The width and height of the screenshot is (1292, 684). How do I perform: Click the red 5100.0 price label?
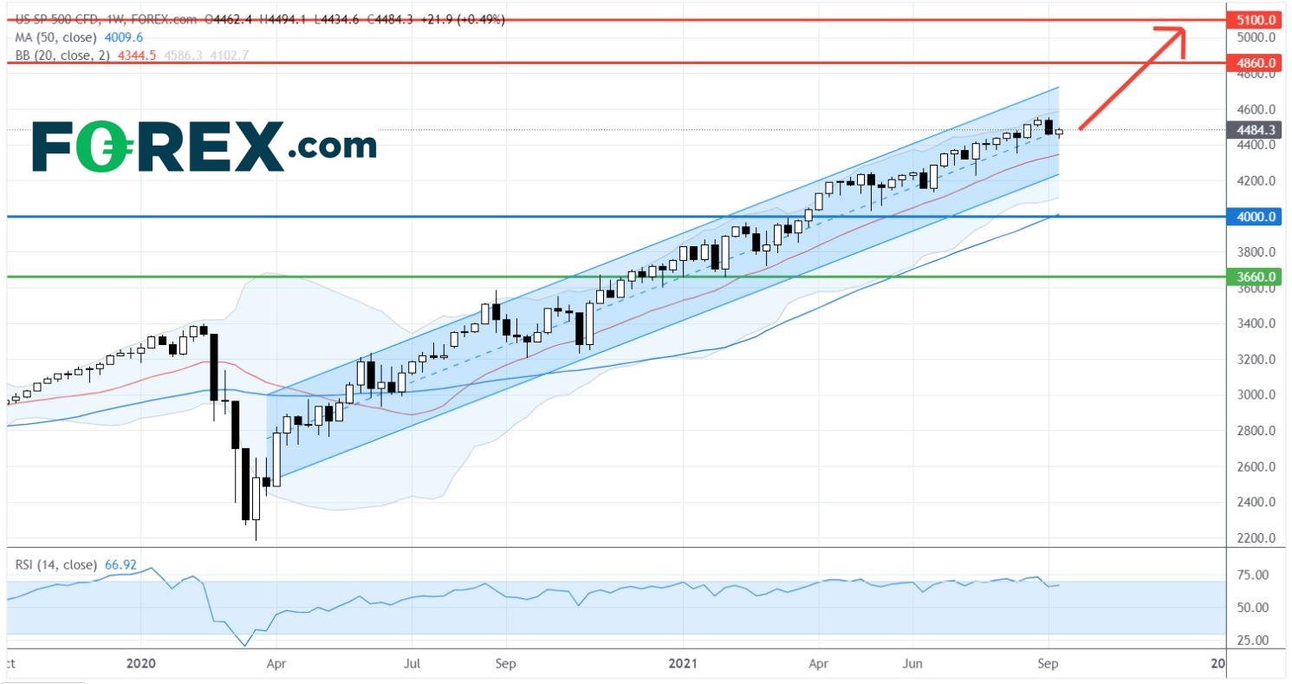click(1256, 19)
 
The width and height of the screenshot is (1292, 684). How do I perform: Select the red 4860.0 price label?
click(1256, 63)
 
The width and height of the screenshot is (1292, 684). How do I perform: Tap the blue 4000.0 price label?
click(1256, 217)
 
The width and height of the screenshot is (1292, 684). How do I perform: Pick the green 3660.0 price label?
click(1256, 277)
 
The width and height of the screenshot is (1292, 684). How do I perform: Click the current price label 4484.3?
click(1256, 131)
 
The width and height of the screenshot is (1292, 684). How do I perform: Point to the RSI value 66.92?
click(123, 564)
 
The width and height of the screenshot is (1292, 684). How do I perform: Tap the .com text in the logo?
click(334, 147)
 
